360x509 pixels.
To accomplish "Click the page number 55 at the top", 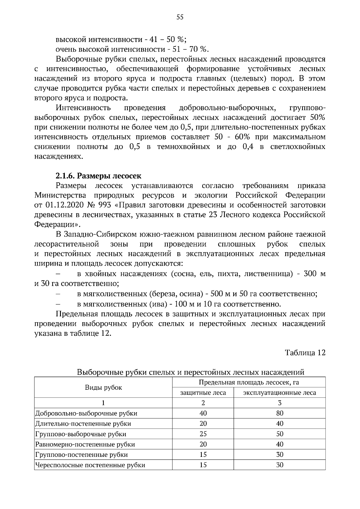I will pos(180,17).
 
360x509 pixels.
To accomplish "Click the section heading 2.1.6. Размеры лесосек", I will pos(98,176).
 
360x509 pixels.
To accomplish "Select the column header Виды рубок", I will pos(103,387).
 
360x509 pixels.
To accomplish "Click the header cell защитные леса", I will pos(203,392).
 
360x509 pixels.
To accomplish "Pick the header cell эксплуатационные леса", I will pos(279,392).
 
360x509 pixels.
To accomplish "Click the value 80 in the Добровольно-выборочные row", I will pos(279,413).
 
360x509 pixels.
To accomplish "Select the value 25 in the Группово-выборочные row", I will pos(203,434).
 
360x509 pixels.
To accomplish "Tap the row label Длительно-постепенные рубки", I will pos(83,424).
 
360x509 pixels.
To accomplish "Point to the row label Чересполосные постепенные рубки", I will pos(90,465).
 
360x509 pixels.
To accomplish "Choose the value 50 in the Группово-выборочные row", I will pos(279,434).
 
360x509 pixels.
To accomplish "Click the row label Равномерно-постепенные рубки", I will pos(85,444).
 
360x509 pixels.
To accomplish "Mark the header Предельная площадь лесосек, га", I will pos(249,382).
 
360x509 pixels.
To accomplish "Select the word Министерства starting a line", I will pos(60,195).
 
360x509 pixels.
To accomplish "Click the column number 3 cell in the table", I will pos(279,403).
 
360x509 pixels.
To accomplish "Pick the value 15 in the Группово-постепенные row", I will pos(203,454).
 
